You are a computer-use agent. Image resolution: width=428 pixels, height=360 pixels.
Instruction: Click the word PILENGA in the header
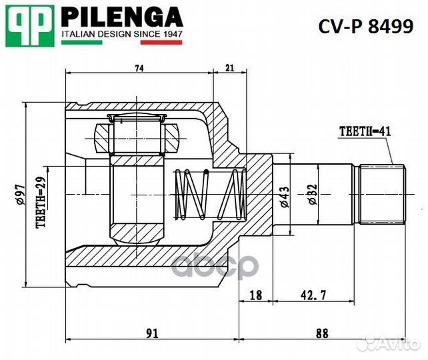coord(122,16)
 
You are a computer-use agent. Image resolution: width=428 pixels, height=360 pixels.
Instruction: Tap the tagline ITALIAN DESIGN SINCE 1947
coord(122,33)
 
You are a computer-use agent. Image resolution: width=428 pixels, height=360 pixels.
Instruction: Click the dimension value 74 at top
coord(139,68)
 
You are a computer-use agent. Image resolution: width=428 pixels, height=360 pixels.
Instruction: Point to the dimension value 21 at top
coord(229,68)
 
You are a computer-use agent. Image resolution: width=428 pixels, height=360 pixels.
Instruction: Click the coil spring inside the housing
coord(207,194)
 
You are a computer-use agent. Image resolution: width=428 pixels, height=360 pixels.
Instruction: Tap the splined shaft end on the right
coord(382,194)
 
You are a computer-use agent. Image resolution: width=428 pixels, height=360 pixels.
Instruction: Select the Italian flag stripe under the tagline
coord(122,42)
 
